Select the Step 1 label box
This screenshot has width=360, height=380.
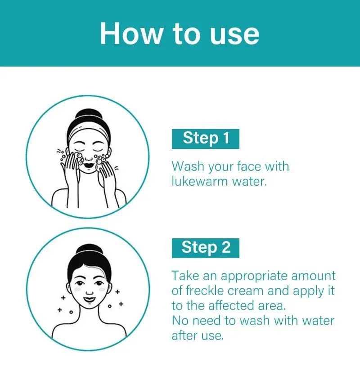(206, 139)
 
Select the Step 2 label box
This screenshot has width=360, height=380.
(206, 248)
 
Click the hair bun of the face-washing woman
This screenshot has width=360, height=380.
(89, 114)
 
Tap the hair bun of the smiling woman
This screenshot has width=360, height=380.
(89, 250)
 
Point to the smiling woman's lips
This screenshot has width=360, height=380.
(89, 300)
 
